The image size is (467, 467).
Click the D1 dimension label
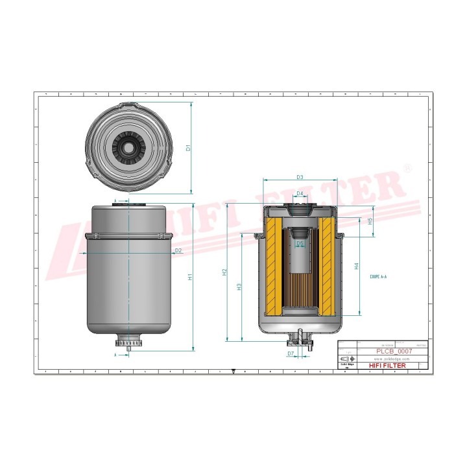coord(188,148)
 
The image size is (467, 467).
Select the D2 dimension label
coord(178,250)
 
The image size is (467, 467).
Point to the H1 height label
coord(190,278)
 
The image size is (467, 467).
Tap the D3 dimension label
coord(300,177)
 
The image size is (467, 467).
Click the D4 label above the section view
coord(300,194)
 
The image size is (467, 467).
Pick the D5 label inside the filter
coord(300,243)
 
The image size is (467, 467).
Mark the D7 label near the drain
coord(291,353)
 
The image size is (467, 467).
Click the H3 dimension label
coord(239,286)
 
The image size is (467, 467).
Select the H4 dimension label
coord(357,266)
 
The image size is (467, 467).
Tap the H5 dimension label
coord(370,221)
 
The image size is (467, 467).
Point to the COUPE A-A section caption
coord(378,276)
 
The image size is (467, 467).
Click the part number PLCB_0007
coord(394,350)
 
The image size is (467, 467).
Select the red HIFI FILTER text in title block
coord(387,366)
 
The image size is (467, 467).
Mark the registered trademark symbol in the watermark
coord(407,167)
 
